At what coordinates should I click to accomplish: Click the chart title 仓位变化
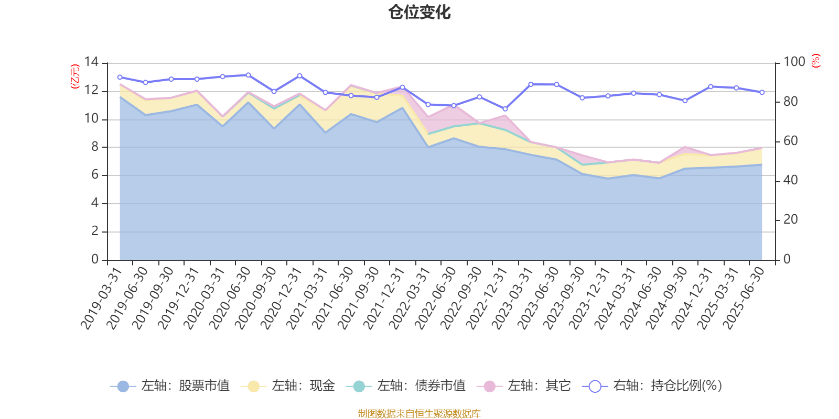419,12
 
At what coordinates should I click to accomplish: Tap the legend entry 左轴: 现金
288,386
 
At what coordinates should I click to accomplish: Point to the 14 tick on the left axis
91,62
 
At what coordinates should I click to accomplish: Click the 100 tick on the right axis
794,62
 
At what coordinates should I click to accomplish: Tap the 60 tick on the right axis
790,141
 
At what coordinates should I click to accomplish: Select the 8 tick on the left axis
94,147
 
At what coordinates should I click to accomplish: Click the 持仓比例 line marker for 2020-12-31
299,76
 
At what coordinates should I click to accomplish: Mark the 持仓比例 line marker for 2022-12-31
505,109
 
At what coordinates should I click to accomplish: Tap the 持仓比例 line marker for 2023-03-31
531,84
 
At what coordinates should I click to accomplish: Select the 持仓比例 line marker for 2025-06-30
762,92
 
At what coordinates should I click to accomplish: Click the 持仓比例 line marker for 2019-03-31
120,77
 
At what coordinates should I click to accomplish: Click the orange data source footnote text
419,414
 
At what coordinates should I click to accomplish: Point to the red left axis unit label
75,76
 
